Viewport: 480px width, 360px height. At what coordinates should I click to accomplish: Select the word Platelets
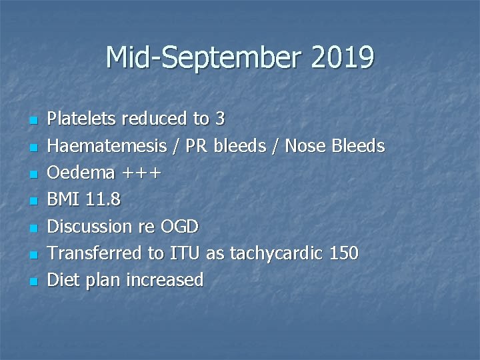coord(81,119)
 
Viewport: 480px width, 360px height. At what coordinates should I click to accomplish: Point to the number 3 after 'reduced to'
coord(220,119)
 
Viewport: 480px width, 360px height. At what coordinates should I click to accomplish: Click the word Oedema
coord(81,173)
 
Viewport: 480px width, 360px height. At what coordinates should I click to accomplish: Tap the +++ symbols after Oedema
coord(141,173)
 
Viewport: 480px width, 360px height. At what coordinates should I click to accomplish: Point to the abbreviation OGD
coord(180,227)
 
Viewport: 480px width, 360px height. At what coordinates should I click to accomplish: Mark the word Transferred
coord(91,253)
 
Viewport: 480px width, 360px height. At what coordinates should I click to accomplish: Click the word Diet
coord(65,280)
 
